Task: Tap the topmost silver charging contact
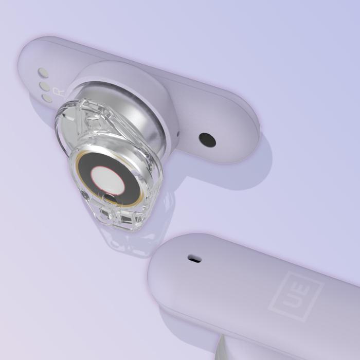coord(43,73)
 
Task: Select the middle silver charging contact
coord(45,86)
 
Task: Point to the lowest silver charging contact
coord(47,98)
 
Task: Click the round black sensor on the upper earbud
coord(207,140)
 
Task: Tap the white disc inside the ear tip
coord(107,179)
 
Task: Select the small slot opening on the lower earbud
coord(194,259)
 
